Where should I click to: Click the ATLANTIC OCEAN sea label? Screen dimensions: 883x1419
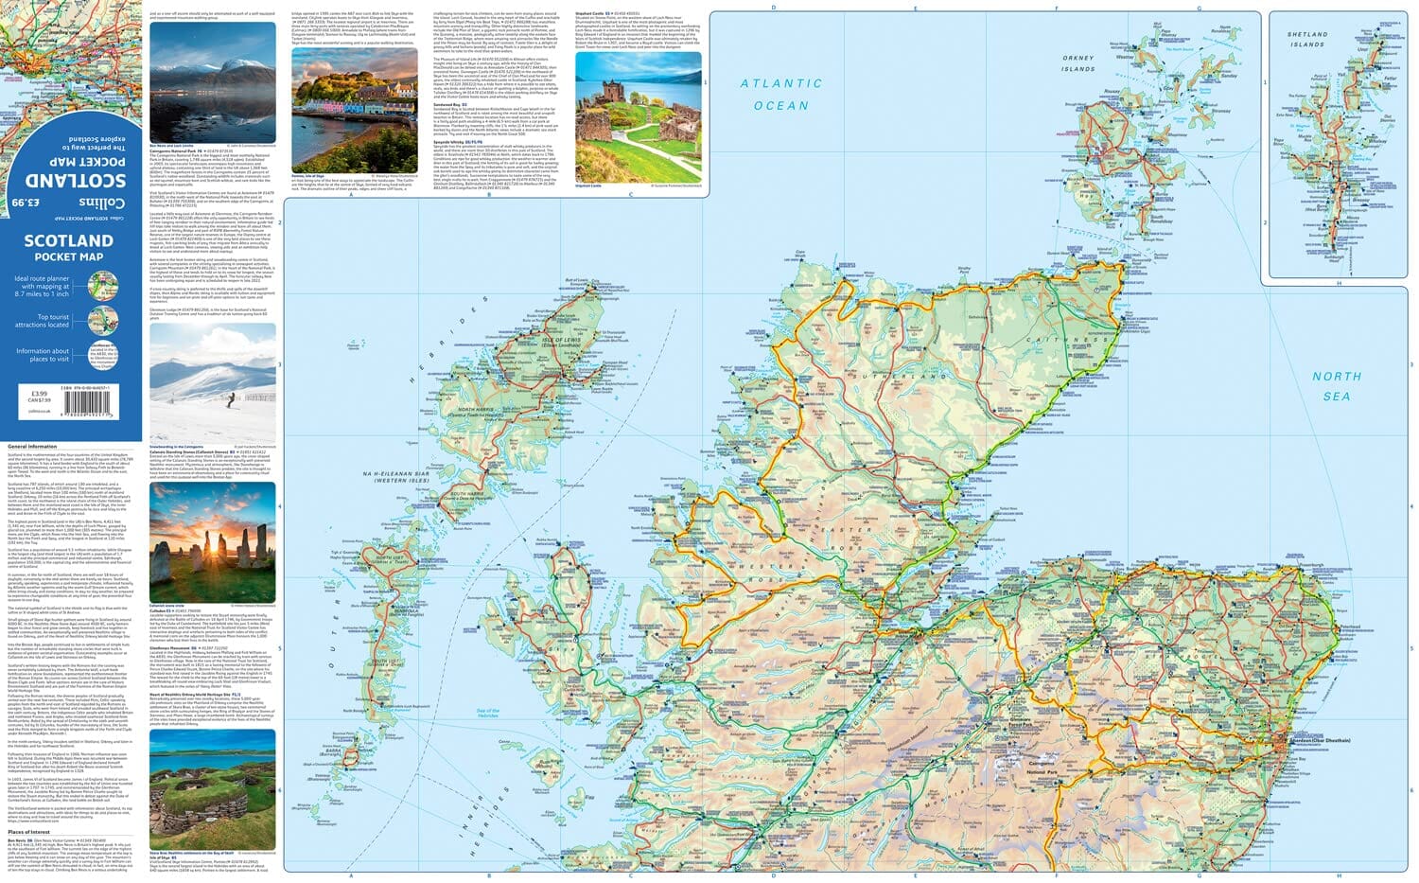pyautogui.click(x=780, y=95)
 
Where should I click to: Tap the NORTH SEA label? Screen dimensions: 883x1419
pyautogui.click(x=1336, y=385)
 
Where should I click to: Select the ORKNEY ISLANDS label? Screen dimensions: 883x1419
pyautogui.click(x=1077, y=63)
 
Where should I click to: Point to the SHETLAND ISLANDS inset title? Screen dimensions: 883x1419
pyautogui.click(x=1306, y=39)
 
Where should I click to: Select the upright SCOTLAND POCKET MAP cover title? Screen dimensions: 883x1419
pyautogui.click(x=68, y=247)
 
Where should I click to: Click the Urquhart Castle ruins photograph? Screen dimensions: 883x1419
pyautogui.click(x=639, y=116)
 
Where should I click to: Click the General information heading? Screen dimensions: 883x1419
pyautogui.click(x=32, y=446)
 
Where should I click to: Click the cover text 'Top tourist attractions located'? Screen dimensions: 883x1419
pyautogui.click(x=42, y=321)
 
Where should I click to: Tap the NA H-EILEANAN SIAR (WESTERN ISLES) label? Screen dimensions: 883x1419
pyautogui.click(x=402, y=476)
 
